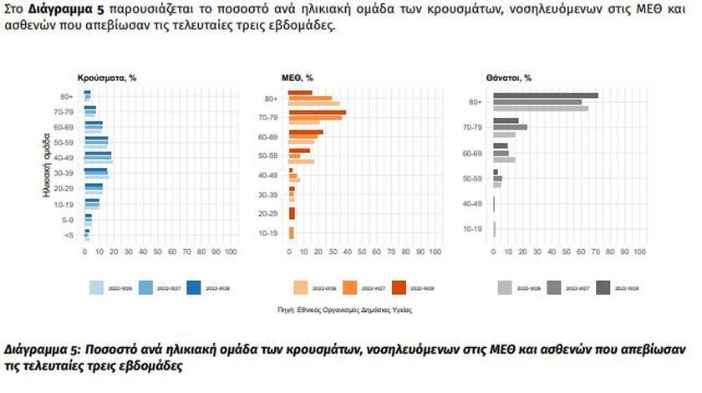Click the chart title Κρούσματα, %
point(107,78)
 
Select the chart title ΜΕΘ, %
point(299,78)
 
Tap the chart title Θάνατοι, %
point(509,78)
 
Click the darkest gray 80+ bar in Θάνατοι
point(545,95)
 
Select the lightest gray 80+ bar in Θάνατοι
point(541,109)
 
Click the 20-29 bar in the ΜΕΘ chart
point(292,213)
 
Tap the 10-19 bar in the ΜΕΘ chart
point(292,232)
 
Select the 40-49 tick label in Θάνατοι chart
point(472,204)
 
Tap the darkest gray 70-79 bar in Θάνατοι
point(506,120)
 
